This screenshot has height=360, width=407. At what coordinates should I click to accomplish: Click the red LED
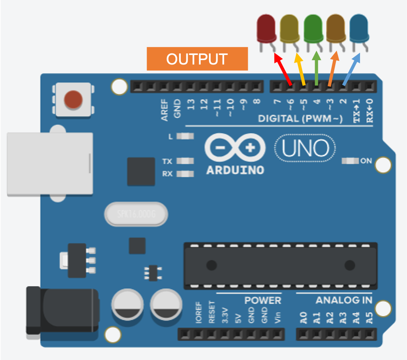click(x=266, y=28)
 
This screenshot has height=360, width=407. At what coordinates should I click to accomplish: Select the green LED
click(x=313, y=28)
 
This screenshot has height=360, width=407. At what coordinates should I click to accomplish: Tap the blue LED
click(x=359, y=28)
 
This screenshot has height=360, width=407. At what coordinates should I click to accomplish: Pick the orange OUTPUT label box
click(x=197, y=59)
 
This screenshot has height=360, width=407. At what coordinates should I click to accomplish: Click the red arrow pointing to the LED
click(x=283, y=70)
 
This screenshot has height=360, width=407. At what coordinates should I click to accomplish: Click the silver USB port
click(x=50, y=164)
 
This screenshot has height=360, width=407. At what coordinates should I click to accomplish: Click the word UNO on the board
click(x=305, y=148)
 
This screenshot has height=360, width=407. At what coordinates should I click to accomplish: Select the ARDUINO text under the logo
click(x=235, y=170)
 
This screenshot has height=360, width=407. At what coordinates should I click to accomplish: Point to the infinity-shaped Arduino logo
click(x=235, y=148)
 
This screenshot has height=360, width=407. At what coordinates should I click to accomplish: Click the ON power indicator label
click(x=366, y=161)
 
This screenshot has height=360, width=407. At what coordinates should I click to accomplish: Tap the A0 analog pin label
click(x=303, y=318)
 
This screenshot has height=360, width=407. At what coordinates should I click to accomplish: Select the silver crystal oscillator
click(x=136, y=214)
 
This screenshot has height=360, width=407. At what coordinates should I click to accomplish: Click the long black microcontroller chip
click(x=280, y=265)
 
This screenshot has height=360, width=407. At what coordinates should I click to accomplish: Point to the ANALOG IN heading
click(x=344, y=300)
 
